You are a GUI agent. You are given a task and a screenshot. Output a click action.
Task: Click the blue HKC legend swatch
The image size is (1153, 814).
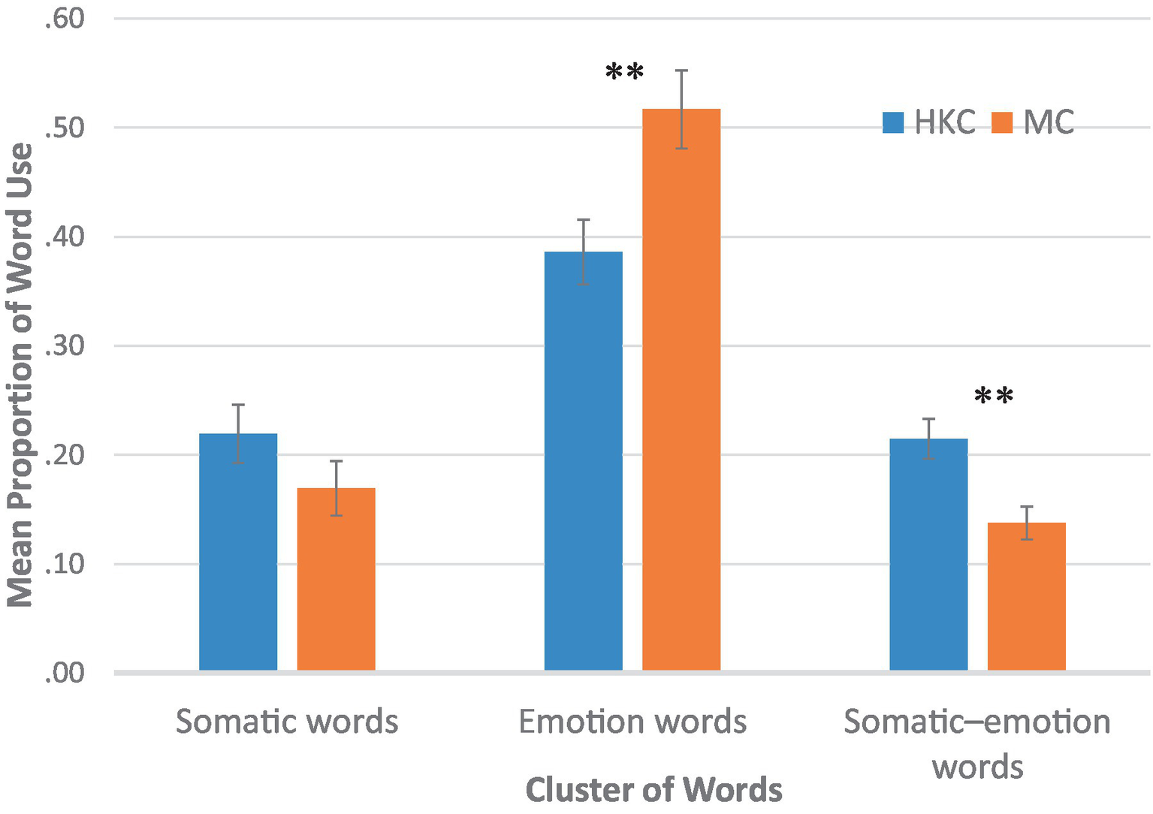(893, 122)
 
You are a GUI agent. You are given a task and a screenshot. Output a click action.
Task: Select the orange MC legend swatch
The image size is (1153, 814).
(1002, 122)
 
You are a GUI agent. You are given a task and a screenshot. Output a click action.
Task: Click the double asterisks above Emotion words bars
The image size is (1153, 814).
(625, 74)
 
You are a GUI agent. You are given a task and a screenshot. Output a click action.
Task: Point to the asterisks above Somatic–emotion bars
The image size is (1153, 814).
(994, 396)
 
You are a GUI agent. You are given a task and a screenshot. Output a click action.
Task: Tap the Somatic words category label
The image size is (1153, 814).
(287, 722)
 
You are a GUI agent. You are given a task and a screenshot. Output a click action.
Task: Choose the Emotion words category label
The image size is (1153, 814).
(632, 722)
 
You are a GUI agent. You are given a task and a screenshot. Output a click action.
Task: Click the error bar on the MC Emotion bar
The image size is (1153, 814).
(681, 109)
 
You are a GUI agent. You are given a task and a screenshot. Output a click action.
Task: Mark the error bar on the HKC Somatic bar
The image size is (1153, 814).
(238, 434)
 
